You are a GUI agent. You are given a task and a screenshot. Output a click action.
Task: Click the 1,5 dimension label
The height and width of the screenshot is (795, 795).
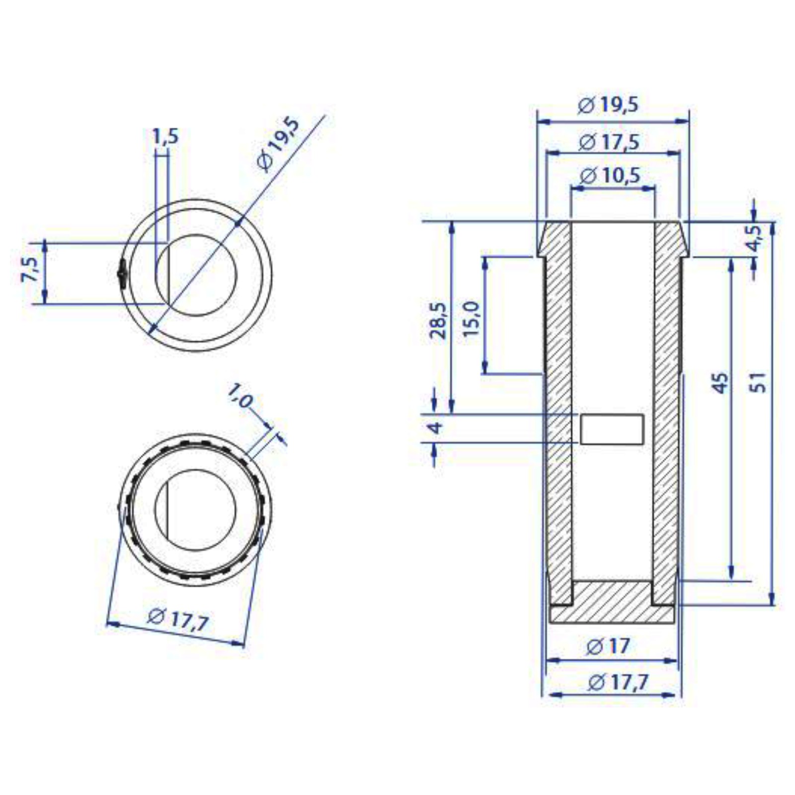[165, 136]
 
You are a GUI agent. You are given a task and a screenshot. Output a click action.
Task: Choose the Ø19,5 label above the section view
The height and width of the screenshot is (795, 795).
[608, 105]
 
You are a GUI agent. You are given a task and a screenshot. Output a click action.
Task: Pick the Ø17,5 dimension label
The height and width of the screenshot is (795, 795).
[609, 142]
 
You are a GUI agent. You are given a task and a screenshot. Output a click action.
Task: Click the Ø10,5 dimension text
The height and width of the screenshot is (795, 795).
[610, 175]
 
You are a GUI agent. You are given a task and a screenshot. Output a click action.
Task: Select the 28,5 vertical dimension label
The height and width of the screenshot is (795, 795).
[438, 320]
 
